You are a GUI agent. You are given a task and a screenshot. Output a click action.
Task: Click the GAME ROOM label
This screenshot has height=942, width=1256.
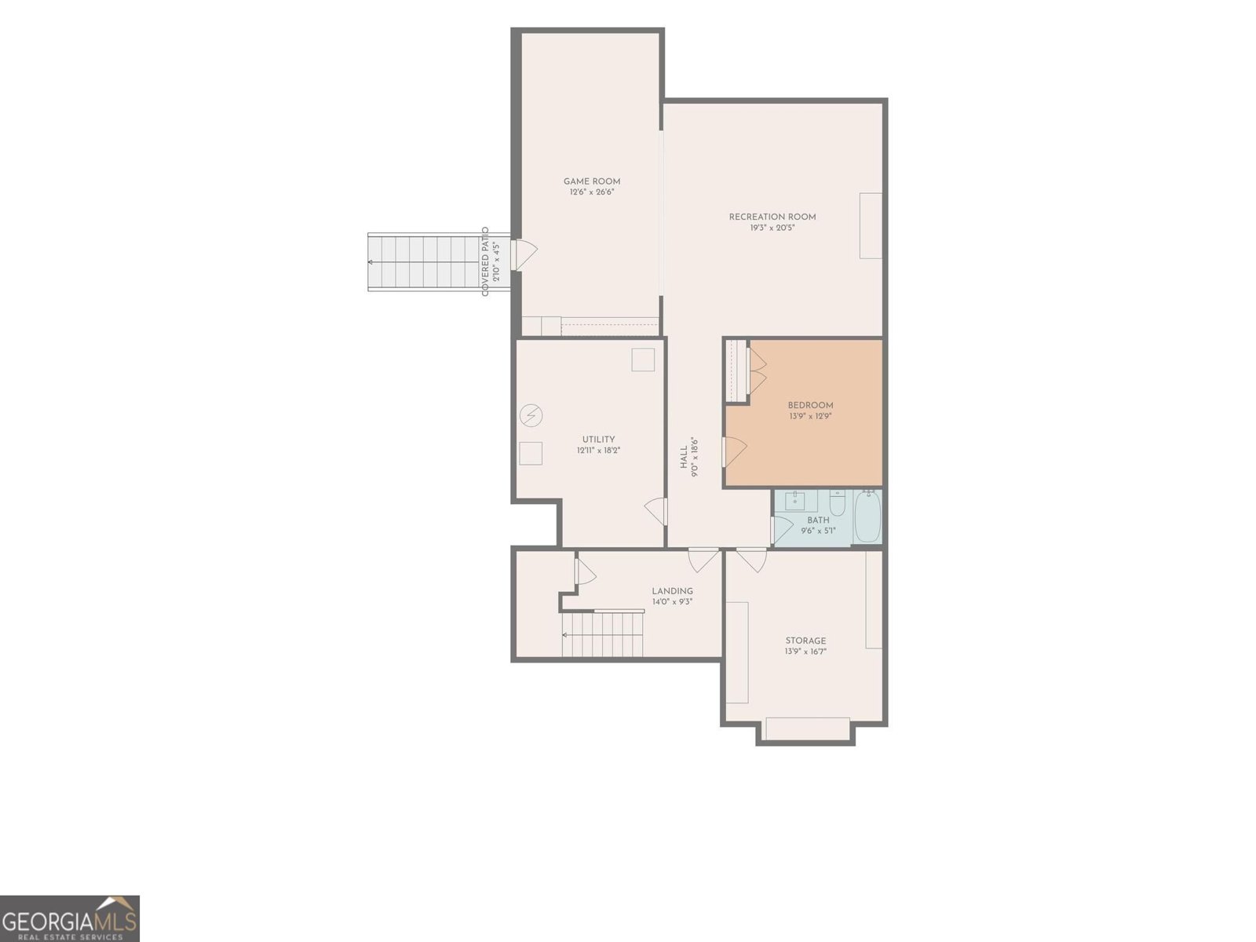[592, 181]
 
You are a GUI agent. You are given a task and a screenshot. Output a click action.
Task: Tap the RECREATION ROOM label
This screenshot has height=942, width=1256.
[772, 217]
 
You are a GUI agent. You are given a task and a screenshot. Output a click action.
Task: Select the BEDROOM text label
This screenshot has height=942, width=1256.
[810, 406]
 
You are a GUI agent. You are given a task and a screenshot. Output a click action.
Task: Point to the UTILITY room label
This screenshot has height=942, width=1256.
[598, 440]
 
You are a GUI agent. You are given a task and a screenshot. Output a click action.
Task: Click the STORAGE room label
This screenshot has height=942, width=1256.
[805, 641]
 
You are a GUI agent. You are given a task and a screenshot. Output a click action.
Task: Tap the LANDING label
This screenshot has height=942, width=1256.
[672, 591]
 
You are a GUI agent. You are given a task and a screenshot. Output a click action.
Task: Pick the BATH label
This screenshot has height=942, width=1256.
[818, 520]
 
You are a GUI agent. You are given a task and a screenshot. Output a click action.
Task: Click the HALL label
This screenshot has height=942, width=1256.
[684, 458]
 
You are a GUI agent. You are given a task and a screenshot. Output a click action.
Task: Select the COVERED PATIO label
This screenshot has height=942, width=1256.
[485, 261]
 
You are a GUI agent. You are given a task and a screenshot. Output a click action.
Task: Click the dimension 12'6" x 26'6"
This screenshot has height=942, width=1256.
[592, 192]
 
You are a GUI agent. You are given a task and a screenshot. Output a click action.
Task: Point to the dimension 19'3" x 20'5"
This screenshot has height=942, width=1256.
[772, 228]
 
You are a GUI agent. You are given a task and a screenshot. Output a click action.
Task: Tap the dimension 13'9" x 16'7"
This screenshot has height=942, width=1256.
[805, 652]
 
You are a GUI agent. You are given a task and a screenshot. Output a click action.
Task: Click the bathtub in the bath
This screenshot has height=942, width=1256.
[867, 517]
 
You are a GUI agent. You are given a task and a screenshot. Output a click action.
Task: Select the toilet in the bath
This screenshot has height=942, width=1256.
[837, 502]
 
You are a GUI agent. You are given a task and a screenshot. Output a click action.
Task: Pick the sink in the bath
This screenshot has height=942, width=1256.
[794, 501]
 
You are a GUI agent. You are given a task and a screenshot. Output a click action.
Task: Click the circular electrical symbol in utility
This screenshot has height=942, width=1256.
[531, 415]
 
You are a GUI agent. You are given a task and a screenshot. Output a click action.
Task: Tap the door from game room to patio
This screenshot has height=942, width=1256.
[525, 255]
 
